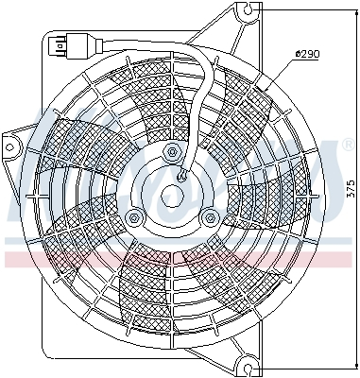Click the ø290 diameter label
point(308,54)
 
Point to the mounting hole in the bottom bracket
point(248,363)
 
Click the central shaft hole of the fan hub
point(172,196)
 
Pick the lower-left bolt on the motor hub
point(134,217)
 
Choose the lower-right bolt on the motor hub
point(210,217)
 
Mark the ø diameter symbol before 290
point(298,54)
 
